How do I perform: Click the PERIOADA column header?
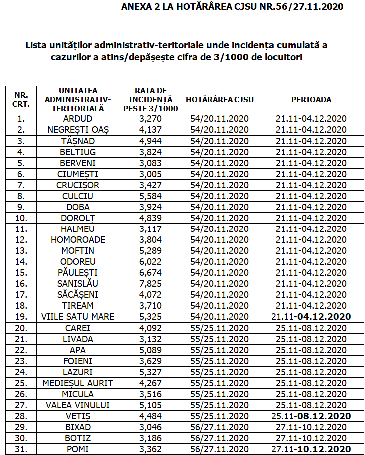pyautogui.click(x=311, y=99)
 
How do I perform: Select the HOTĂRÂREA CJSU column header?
pyautogui.click(x=220, y=99)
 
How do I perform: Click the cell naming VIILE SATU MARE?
pyautogui.click(x=78, y=316)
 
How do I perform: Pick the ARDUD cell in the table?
pyautogui.click(x=78, y=119)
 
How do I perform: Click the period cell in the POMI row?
pyautogui.click(x=311, y=448)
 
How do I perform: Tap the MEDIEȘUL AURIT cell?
pyautogui.click(x=78, y=382)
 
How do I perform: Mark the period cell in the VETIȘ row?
pyautogui.click(x=311, y=415)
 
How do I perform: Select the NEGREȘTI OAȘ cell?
pyautogui.click(x=78, y=130)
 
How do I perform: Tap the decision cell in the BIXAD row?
pyautogui.click(x=220, y=426)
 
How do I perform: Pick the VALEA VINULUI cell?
pyautogui.click(x=78, y=404)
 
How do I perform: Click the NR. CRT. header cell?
pyautogui.click(x=21, y=99)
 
